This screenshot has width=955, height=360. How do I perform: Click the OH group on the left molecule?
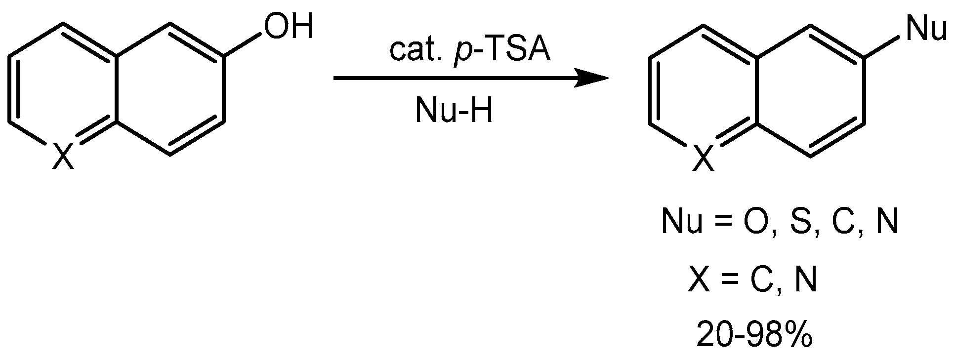[289, 27]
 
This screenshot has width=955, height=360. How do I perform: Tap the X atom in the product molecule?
[704, 159]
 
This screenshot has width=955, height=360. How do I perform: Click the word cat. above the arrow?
[413, 52]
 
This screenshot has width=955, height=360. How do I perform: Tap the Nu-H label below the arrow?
[454, 111]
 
